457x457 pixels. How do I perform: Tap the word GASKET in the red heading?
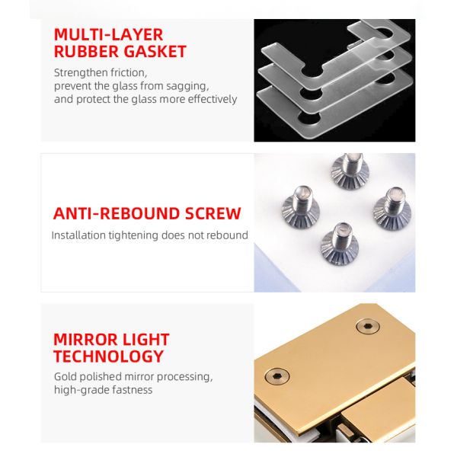[154, 52]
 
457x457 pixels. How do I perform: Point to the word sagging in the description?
[186, 86]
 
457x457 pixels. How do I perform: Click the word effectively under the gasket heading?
[210, 99]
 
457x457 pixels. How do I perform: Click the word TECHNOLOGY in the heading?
[108, 356]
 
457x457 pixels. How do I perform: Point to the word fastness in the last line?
[132, 390]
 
